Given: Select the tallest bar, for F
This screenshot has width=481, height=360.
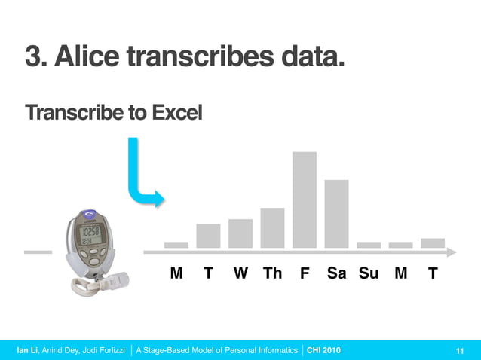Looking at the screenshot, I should (304, 200).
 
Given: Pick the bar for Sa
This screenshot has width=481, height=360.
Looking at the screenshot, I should (336, 214).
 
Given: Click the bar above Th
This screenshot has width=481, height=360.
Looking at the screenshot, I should (272, 227).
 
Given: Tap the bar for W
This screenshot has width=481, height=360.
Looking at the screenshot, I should (240, 233).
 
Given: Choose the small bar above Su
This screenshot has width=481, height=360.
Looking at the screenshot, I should (369, 245).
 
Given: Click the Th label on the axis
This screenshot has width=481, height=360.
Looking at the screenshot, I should (272, 273).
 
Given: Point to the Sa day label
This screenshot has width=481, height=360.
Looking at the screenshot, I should (336, 273).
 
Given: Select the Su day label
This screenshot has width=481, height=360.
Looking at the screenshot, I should (369, 273).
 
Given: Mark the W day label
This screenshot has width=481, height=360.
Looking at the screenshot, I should (240, 273).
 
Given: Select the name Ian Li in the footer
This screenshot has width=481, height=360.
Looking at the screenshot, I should (28, 350).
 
